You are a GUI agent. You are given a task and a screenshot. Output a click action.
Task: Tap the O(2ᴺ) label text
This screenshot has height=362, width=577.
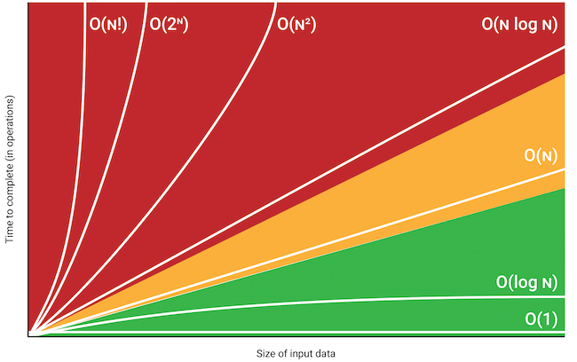tap(171, 24)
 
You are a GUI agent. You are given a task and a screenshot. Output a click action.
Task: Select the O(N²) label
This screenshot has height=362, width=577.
tap(297, 24)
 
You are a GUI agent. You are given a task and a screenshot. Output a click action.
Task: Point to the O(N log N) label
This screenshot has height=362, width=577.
tap(519, 24)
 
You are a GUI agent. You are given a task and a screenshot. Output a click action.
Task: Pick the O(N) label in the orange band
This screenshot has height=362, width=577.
tap(541, 156)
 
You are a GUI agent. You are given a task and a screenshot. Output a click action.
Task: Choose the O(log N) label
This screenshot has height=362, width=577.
tap(526, 283)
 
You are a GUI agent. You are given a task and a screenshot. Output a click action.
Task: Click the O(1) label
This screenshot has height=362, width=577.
tap(541, 319)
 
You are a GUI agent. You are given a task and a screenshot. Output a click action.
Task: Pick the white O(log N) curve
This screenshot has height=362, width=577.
tap(355, 300)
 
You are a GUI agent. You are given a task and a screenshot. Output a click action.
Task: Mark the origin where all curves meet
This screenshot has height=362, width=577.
tap(31, 334)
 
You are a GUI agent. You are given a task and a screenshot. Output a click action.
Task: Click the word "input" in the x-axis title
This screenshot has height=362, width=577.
tap(289, 354)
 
